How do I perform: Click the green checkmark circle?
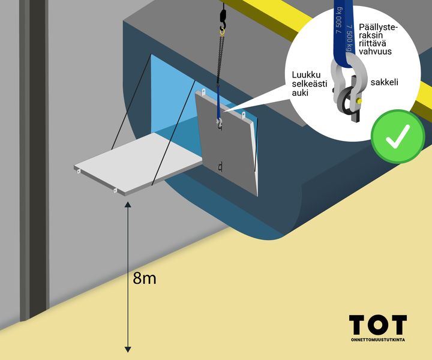point(397,137)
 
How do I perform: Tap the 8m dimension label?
point(145,278)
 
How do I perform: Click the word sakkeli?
point(385,82)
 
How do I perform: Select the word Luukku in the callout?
point(307,75)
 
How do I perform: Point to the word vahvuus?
point(375,51)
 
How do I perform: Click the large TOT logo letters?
point(378,325)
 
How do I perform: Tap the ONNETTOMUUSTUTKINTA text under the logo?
point(378,340)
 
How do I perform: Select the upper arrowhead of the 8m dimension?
point(128,205)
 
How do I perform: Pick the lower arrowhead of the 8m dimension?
point(128,350)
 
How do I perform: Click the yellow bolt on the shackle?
point(359,101)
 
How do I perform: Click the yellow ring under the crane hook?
point(222,32)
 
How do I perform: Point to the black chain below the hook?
point(221,58)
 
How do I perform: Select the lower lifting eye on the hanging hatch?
point(220,167)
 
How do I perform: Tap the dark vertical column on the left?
point(37,160)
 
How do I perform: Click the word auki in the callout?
point(301,93)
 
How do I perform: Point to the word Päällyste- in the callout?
point(378,28)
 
